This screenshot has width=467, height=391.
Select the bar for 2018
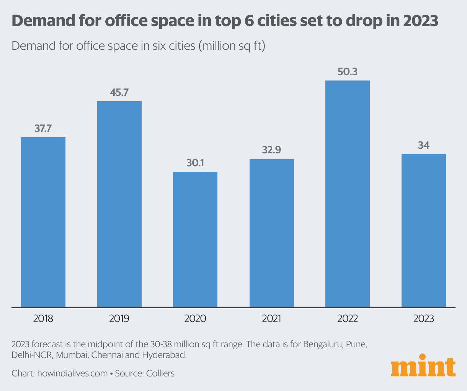point(43,222)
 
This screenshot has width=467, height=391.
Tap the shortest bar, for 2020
point(195,239)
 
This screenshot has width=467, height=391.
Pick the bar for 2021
point(272,233)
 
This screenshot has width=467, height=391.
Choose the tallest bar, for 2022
point(348,194)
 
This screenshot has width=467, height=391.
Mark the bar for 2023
point(424,230)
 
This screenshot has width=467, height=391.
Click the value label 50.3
point(348,72)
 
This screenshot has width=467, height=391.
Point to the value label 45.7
point(119,92)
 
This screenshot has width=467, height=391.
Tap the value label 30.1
point(195,163)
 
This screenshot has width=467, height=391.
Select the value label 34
point(424,145)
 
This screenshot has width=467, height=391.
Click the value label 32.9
point(271,150)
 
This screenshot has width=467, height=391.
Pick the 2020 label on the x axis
point(195,319)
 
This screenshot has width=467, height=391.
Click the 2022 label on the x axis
point(348,319)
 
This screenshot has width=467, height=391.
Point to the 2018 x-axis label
point(43,319)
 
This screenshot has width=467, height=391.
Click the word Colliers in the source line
point(160,373)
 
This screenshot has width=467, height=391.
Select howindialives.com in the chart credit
point(72,373)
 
